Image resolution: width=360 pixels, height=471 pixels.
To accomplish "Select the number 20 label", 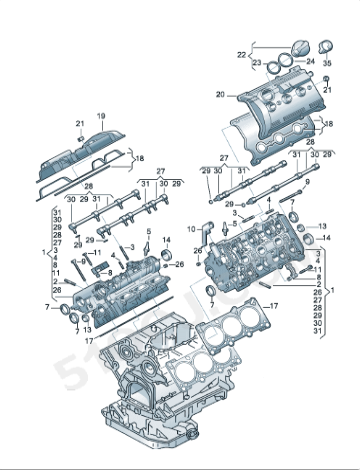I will click(220, 95).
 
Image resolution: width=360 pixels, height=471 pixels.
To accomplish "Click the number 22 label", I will click(241, 53).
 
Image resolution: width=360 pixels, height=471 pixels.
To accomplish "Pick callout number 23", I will click(257, 62).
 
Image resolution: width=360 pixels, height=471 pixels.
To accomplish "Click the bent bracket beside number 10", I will click(206, 236).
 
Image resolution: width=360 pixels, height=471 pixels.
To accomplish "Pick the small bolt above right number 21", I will click(325, 78).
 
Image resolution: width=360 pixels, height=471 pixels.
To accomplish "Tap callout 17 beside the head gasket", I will click(274, 303).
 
